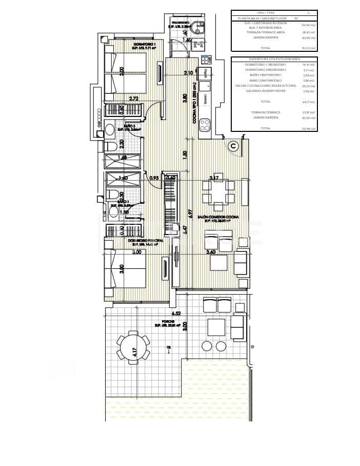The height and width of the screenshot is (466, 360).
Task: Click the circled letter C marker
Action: pyautogui.click(x=233, y=146)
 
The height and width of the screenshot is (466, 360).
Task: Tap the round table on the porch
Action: pyautogui.click(x=133, y=349)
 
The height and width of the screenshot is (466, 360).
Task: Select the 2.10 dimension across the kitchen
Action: pyautogui.click(x=188, y=72)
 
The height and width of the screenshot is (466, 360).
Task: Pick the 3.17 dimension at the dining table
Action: pyautogui.click(x=214, y=178)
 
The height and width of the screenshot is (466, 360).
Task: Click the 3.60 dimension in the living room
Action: pyautogui.click(x=210, y=252)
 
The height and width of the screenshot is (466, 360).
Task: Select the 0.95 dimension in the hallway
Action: pyautogui.click(x=153, y=178)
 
